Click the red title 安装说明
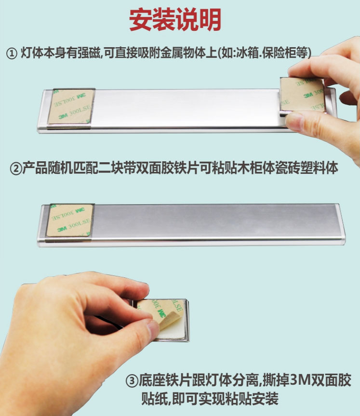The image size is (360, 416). (175, 20)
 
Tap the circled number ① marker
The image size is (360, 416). (12, 53)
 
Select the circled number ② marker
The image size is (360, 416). (16, 169)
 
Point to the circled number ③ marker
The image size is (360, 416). (132, 381)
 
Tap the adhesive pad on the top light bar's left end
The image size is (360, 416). (71, 107)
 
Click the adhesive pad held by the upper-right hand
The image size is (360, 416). (303, 95)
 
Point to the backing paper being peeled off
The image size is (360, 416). (160, 311)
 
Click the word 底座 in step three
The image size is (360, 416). (152, 380)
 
